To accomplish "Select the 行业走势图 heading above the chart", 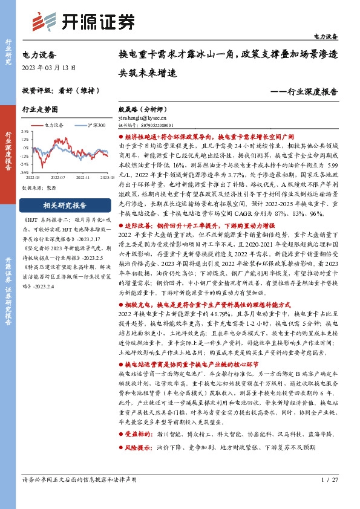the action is point(40,110).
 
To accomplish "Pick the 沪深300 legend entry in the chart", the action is point(91,125).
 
